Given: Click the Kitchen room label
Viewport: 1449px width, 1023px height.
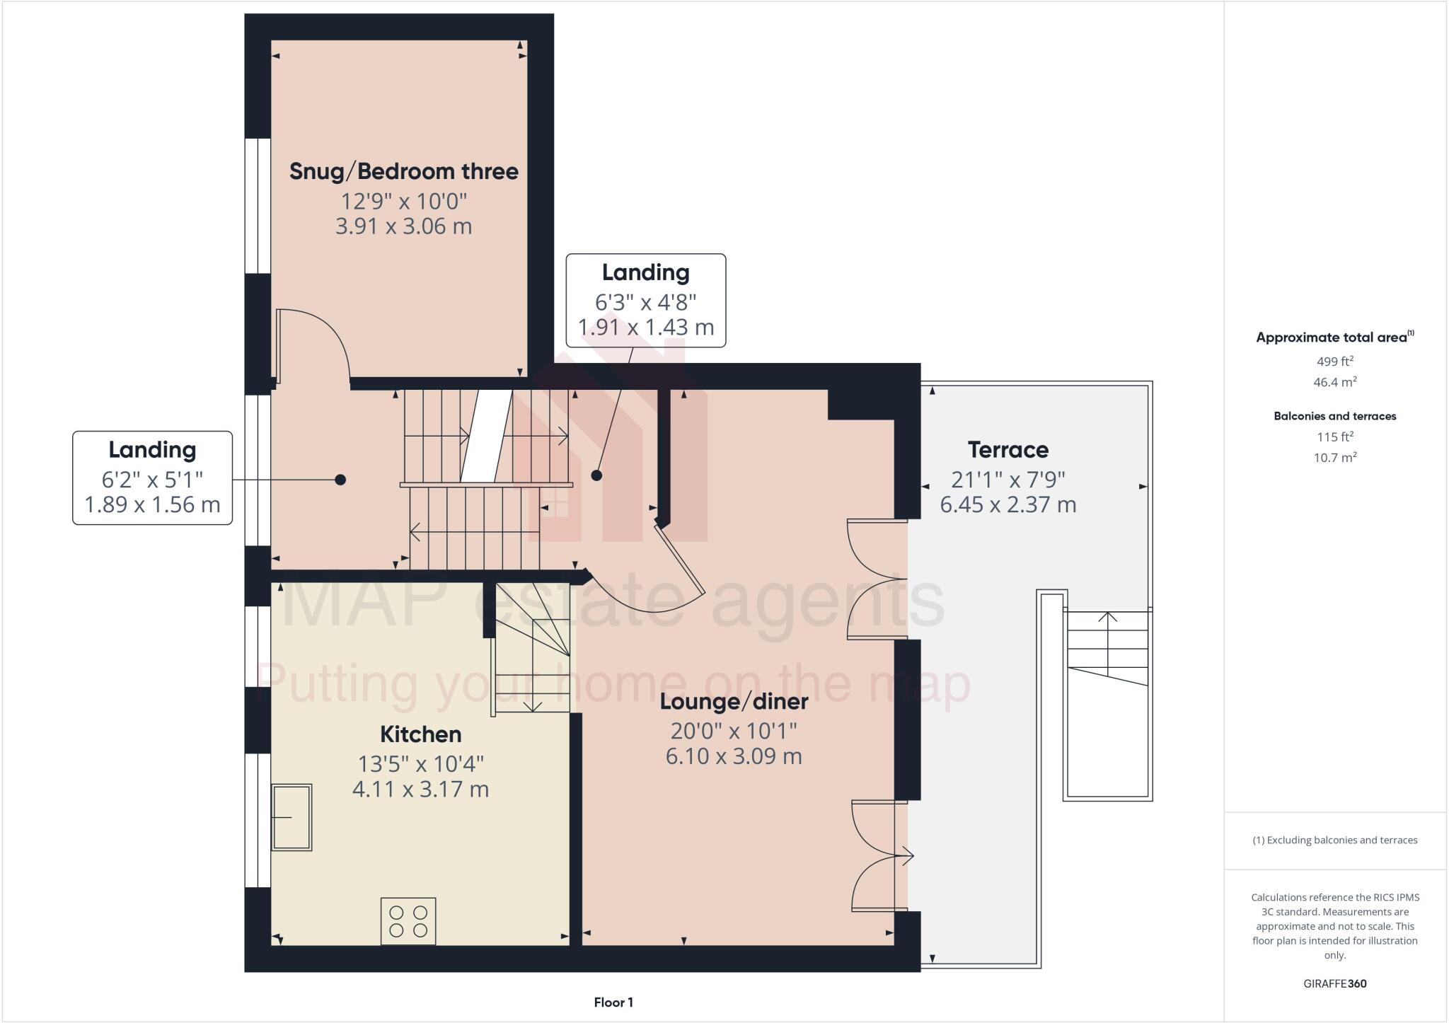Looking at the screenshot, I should (x=420, y=734).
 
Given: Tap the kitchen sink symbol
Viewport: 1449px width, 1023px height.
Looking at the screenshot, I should (x=292, y=817).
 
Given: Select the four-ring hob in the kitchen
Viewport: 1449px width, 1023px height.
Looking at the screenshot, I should (x=408, y=921).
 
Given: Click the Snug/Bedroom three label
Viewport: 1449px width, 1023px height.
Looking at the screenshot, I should (x=403, y=171).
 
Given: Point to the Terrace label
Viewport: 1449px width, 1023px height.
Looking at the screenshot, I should (x=1008, y=450).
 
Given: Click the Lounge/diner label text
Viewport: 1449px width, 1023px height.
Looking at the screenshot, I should (x=734, y=702).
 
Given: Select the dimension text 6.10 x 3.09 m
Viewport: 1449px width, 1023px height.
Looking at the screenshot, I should (x=734, y=756).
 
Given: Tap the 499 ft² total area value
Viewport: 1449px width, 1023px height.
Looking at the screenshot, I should (x=1334, y=362).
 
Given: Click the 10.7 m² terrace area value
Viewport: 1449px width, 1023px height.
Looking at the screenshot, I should (x=1334, y=458).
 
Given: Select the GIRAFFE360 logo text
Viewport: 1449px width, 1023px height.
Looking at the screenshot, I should (x=1334, y=983).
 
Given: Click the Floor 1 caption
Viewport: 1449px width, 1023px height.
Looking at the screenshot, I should (x=613, y=1002).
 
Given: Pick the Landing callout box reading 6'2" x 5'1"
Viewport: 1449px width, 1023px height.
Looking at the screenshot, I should (x=152, y=478).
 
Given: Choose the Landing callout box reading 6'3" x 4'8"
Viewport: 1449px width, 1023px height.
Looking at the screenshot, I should (x=645, y=301).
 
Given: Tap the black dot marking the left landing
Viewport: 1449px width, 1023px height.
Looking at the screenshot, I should (x=340, y=480).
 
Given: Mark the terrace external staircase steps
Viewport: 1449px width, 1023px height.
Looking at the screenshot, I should (x=1107, y=647).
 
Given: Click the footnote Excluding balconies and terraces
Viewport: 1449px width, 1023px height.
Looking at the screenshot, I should (x=1334, y=840).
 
